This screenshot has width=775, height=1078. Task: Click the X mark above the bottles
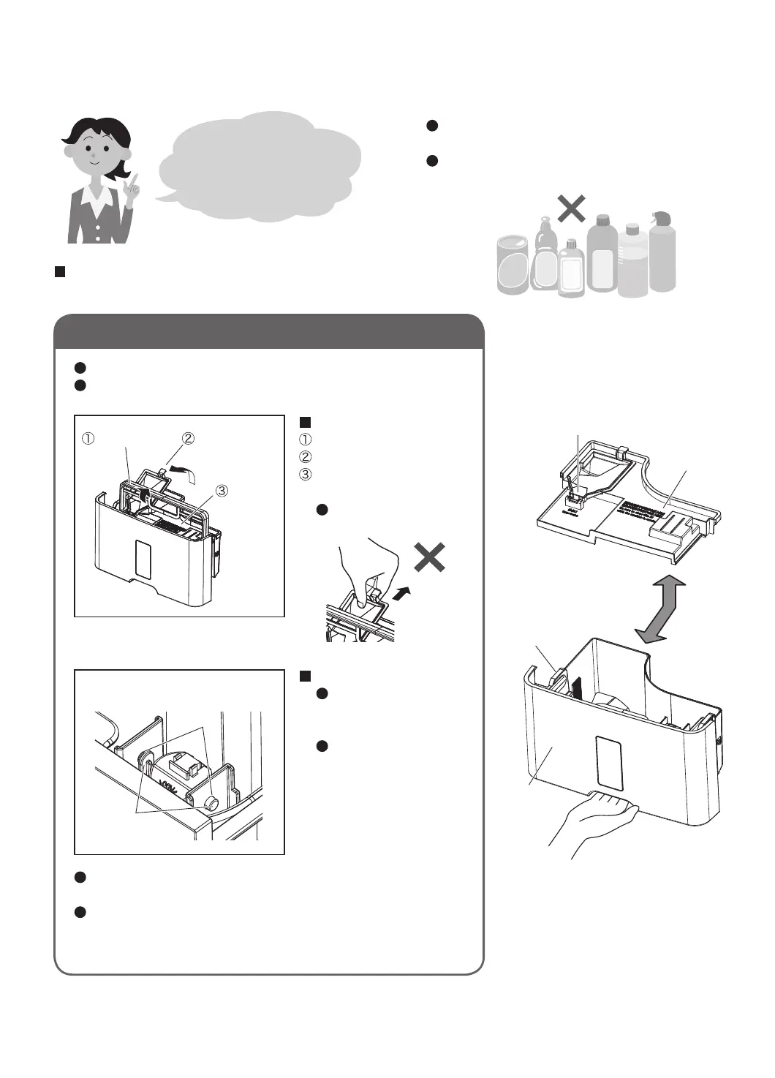(x=571, y=209)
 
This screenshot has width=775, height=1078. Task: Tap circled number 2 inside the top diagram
(x=188, y=438)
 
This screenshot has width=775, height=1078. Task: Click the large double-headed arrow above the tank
(x=660, y=609)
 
